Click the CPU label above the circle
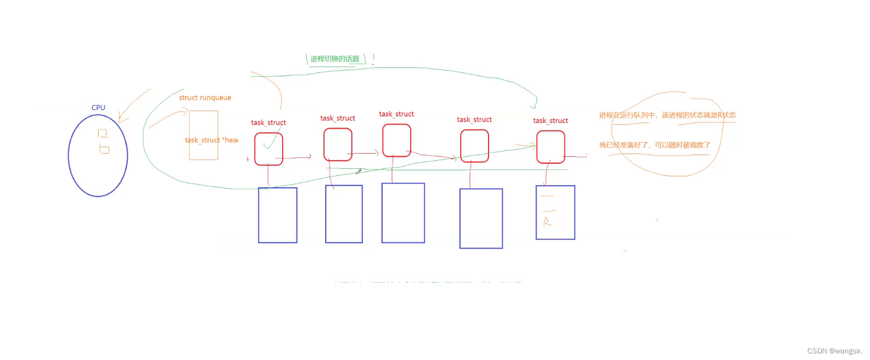98,107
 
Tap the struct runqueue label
205,97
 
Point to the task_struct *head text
211,140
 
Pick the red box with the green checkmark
269,149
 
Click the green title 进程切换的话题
335,59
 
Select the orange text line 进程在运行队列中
667,115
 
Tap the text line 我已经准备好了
654,145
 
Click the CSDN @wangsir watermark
834,351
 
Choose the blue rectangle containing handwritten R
555,212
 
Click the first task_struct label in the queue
268,123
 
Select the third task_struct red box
397,140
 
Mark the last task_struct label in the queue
550,120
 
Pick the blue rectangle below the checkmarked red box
277,215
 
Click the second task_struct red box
338,144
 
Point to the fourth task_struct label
474,119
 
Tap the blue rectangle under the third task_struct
403,213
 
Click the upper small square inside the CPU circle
102,133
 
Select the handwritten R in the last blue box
547,222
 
